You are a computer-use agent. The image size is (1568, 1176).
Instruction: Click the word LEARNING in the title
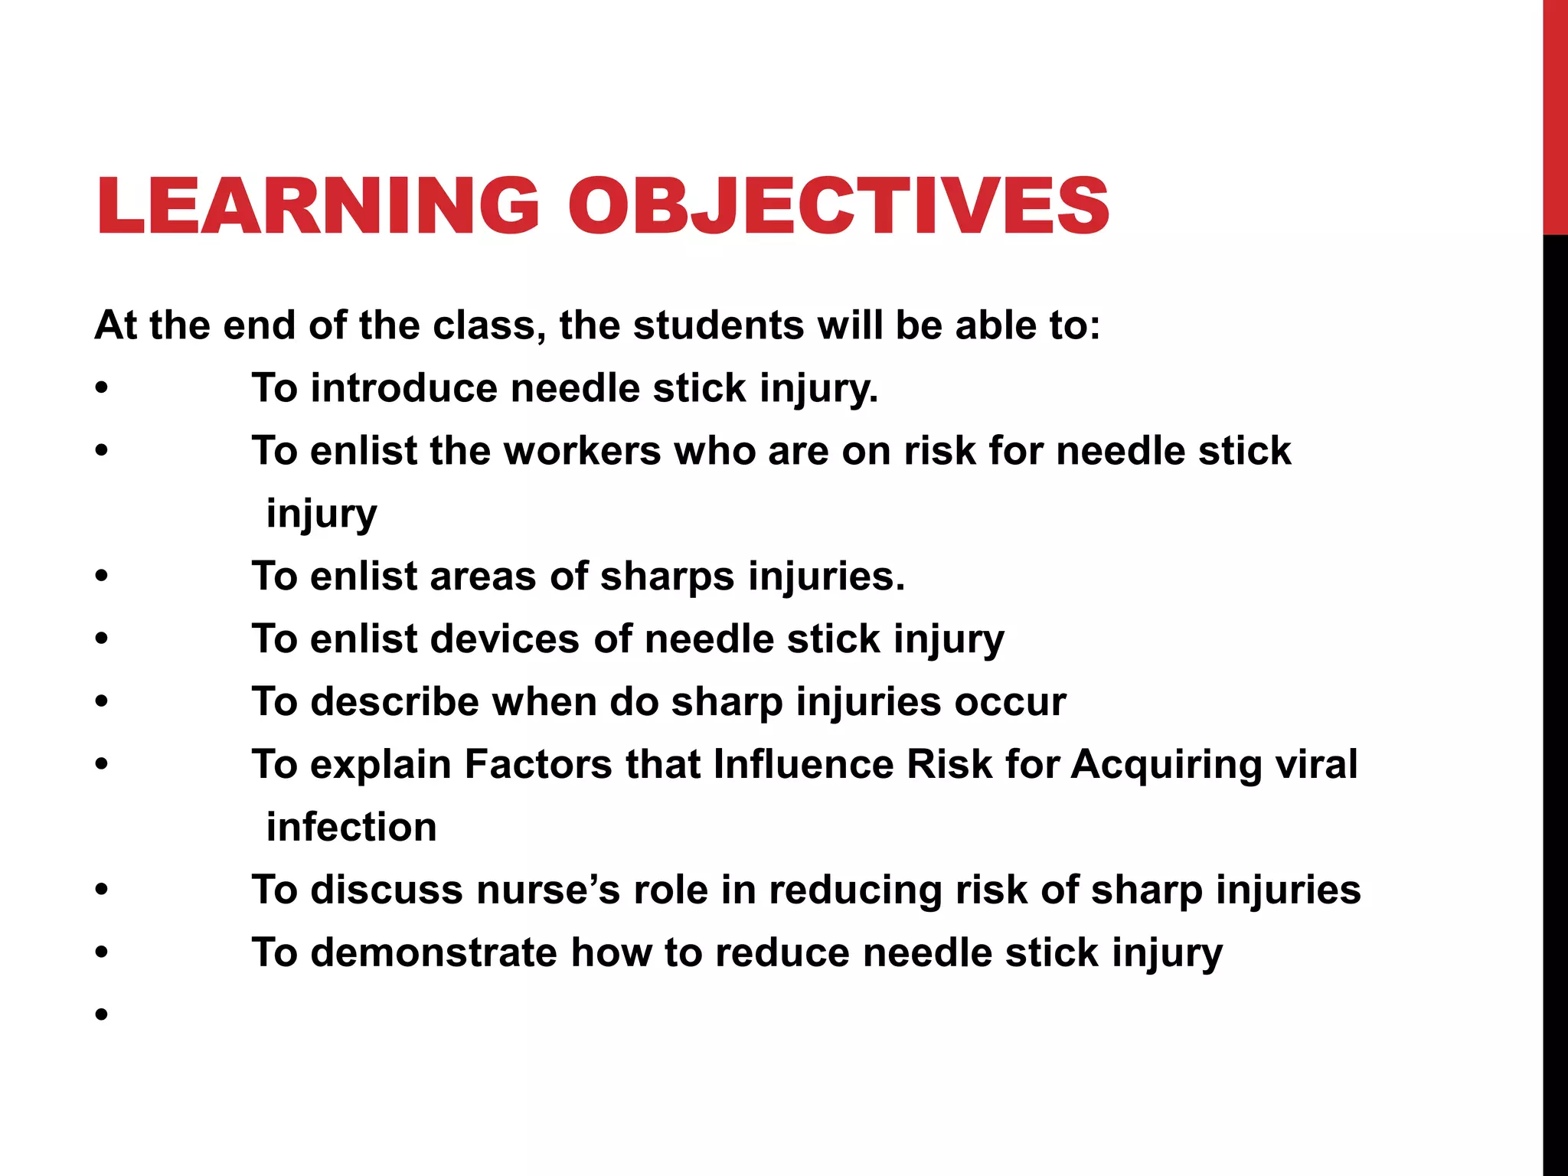coord(318,205)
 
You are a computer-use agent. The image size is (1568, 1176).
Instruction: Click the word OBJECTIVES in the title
coord(838,205)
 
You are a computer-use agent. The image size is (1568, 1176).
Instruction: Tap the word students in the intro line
coord(717,325)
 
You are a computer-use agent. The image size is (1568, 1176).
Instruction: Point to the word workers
coord(582,451)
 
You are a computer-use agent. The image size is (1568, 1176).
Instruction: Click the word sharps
coord(667,577)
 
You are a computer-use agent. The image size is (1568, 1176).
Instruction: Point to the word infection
coord(351,828)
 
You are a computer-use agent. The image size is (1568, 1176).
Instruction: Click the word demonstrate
coord(433,953)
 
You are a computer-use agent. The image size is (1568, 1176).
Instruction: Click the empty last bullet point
coord(102,1016)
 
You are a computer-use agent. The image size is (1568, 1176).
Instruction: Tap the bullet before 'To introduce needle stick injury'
coord(102,388)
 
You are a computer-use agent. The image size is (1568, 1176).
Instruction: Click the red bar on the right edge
coord(1555,115)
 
